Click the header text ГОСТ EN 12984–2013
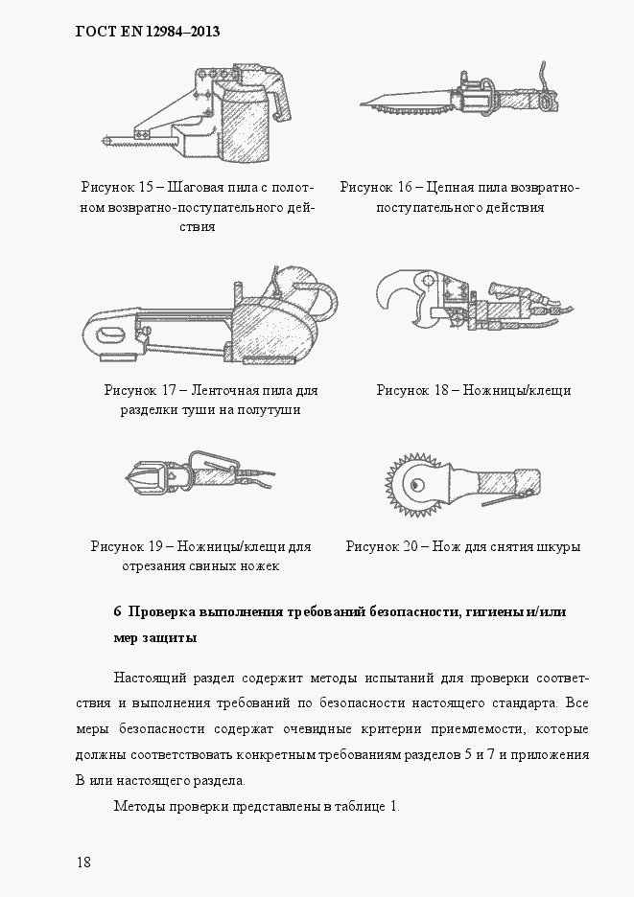tap(148, 32)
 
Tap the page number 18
tap(83, 862)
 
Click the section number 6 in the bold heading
tap(117, 611)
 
